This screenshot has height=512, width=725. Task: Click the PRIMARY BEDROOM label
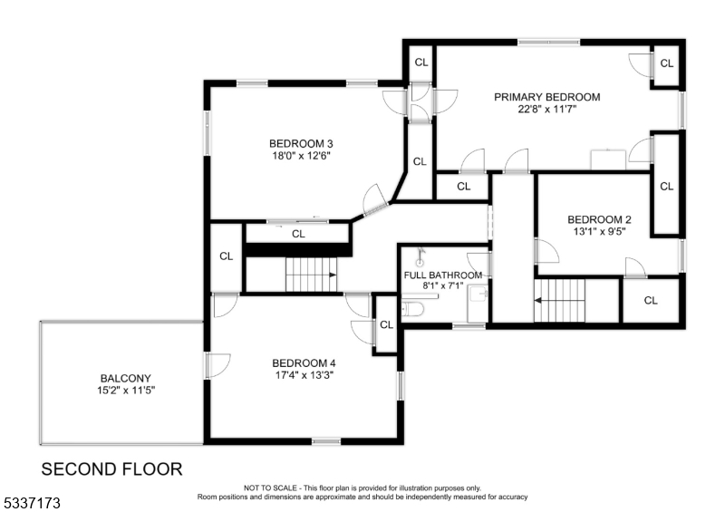tap(546, 97)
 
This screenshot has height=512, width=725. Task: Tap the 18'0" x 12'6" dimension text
tap(300, 155)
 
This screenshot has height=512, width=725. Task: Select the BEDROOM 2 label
tap(599, 219)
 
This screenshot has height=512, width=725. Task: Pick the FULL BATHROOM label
tap(443, 275)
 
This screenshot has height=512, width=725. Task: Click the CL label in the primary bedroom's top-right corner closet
tap(667, 63)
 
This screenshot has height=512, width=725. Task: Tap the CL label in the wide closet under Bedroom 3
tap(298, 234)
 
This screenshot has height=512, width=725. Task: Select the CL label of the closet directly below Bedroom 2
tap(651, 301)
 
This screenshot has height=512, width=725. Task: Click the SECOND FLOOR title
tap(112, 469)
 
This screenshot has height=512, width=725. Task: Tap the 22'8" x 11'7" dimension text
tap(546, 109)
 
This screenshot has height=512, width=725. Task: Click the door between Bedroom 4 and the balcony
tap(210, 365)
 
